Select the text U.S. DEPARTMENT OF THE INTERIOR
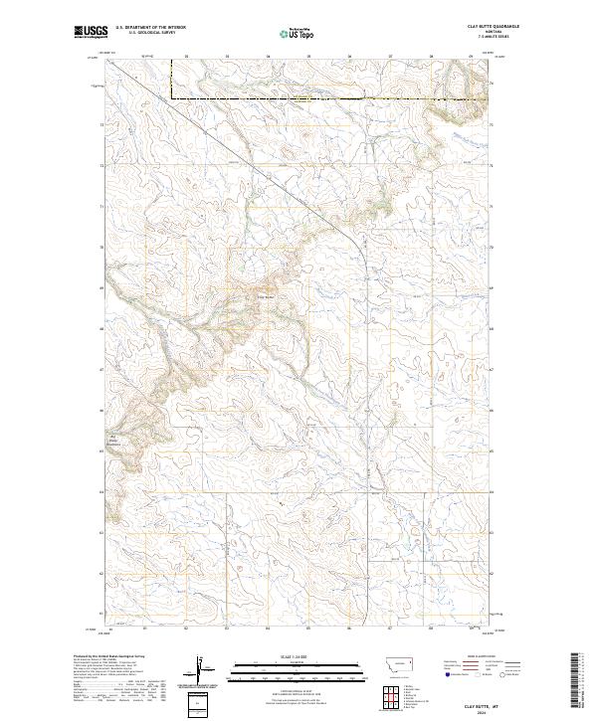(x=150, y=28)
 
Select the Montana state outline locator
(x=391, y=661)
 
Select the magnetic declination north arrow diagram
(x=202, y=667)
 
